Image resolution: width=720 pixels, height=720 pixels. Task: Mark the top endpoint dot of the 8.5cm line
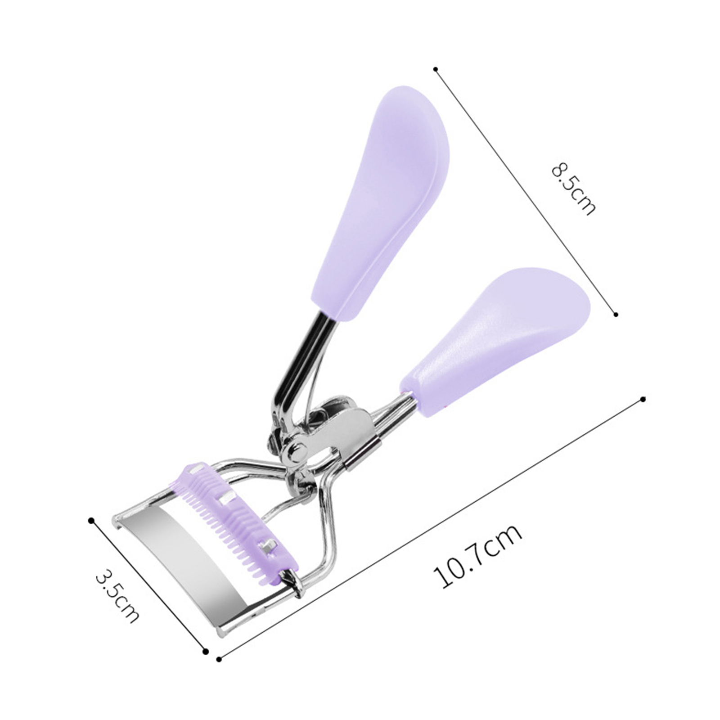tap(435, 69)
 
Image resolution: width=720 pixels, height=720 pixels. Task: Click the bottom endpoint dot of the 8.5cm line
tap(616, 315)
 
